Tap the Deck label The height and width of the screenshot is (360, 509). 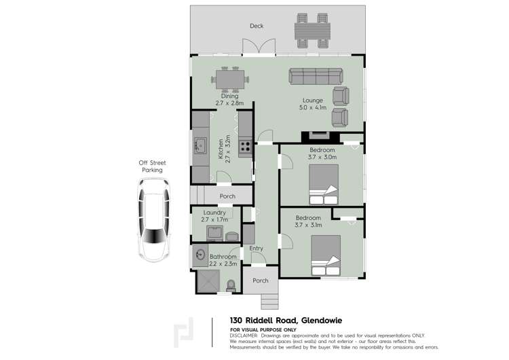point(256,26)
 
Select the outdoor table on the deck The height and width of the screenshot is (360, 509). point(312,31)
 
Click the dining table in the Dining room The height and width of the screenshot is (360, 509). point(229,79)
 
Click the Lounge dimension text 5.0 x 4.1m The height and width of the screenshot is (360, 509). point(313,107)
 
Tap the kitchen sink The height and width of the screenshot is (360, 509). point(200,145)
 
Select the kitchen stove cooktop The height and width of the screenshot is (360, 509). point(246,144)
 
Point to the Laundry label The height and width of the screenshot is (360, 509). point(214,212)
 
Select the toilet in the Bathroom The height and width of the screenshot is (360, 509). point(231,285)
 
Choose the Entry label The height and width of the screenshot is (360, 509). point(256,249)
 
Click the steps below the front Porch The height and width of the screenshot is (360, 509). point(268,301)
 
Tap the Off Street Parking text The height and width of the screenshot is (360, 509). point(151,166)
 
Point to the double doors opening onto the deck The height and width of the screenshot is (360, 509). point(259,47)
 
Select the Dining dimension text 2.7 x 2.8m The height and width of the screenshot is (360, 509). point(229,103)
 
